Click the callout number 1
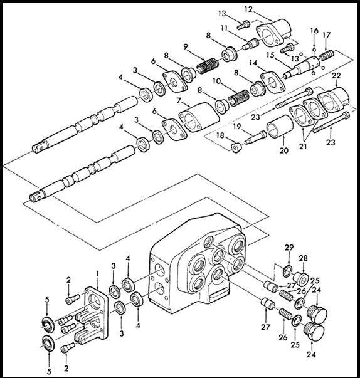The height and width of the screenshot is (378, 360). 97,273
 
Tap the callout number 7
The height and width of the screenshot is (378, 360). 179,100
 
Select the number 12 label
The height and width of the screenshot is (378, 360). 248,9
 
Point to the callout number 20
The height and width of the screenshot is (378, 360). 284,150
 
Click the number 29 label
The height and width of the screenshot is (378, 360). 289,248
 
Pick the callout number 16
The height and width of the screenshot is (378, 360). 314,31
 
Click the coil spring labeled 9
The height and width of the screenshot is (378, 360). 208,66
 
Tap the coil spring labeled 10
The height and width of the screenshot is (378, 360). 238,98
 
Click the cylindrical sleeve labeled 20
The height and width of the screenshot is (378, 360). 280,127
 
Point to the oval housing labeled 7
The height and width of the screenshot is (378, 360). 199,117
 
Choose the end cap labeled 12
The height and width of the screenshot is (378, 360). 273,33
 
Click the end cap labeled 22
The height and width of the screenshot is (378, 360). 334,100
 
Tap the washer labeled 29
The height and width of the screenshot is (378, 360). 287,271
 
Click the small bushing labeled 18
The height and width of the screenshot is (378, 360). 236,147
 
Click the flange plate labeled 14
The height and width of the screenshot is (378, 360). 273,81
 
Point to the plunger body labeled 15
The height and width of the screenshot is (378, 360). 302,66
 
